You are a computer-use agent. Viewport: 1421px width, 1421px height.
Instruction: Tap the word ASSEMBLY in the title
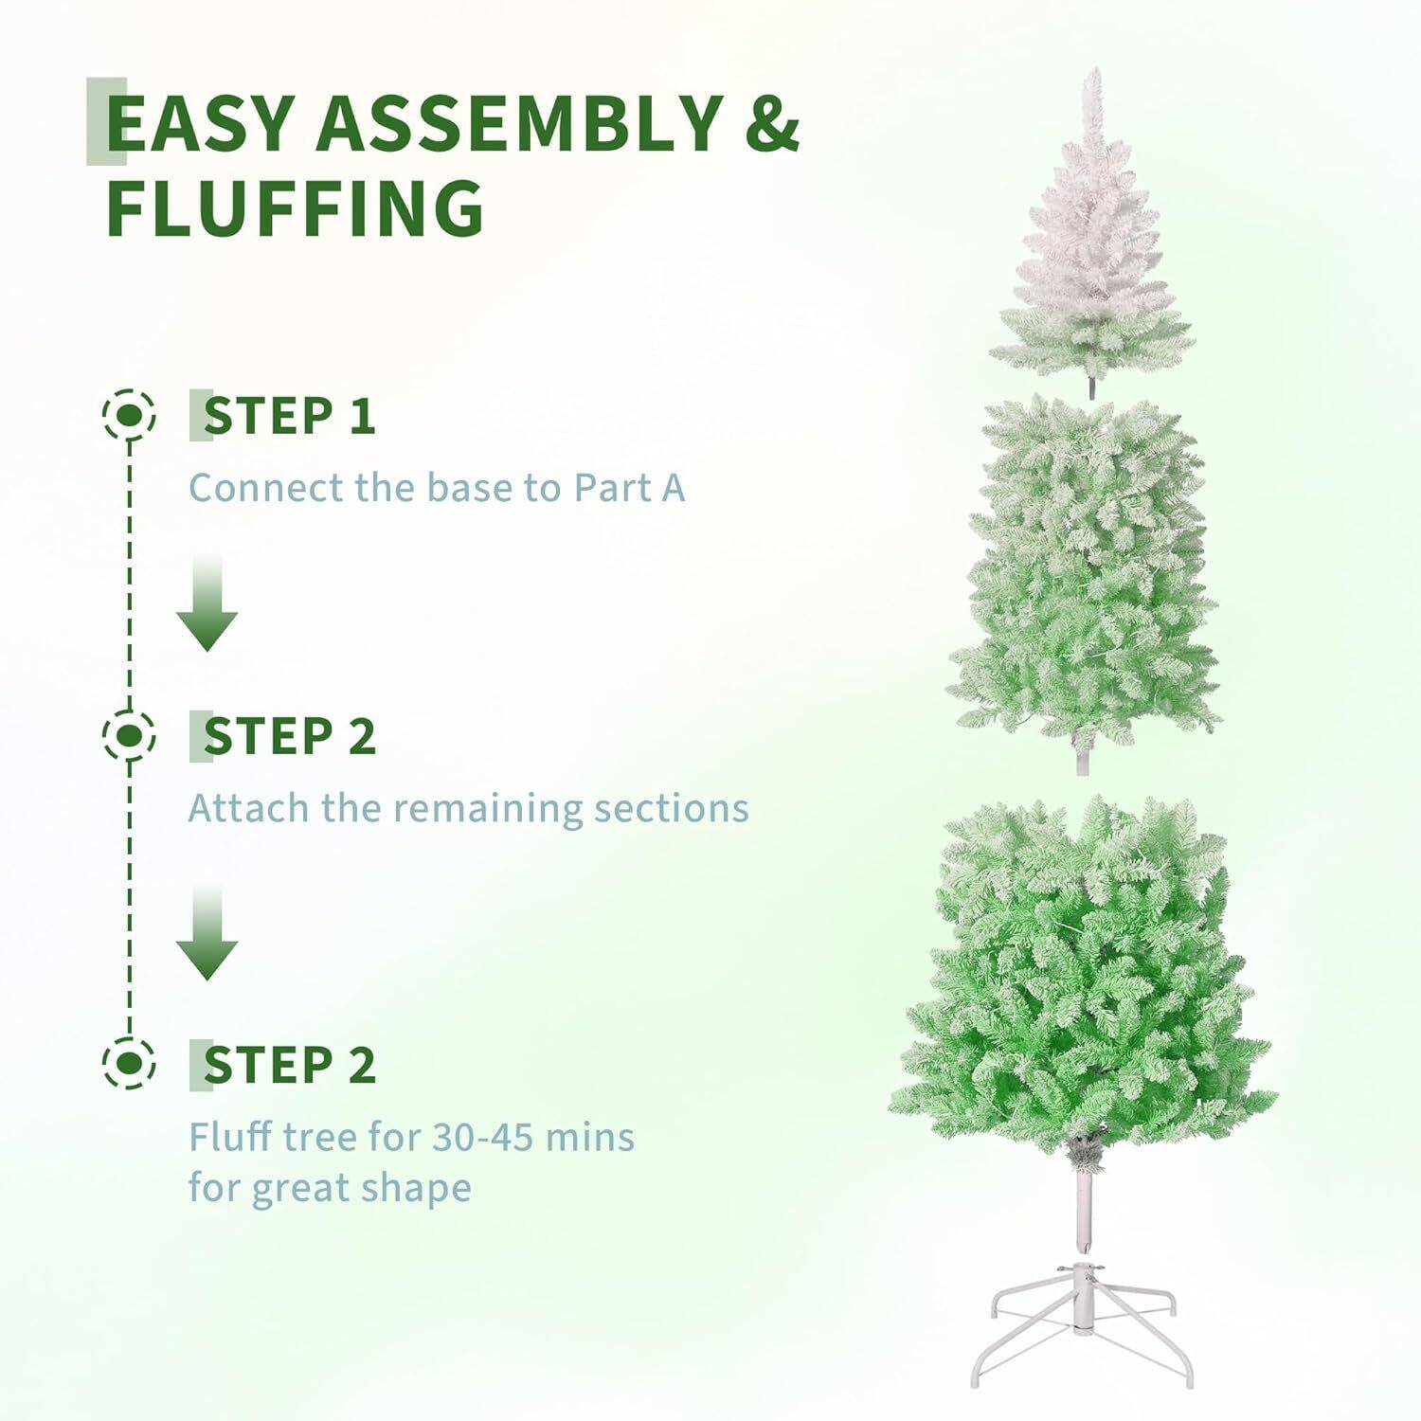point(520,123)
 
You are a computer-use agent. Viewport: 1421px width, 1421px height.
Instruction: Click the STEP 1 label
point(289,416)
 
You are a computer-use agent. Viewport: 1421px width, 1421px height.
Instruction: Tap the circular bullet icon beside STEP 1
point(130,415)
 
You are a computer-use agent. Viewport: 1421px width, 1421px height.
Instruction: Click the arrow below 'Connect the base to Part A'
point(207,606)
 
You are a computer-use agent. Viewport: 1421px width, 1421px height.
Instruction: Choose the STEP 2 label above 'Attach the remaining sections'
point(289,736)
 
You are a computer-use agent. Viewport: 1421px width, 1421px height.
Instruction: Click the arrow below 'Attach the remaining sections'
point(207,935)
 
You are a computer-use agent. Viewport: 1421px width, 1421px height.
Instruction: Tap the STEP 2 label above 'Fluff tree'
point(289,1065)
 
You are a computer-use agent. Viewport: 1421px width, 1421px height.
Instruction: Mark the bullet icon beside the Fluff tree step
point(130,1064)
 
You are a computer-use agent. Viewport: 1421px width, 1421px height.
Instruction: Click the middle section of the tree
point(1086,578)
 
